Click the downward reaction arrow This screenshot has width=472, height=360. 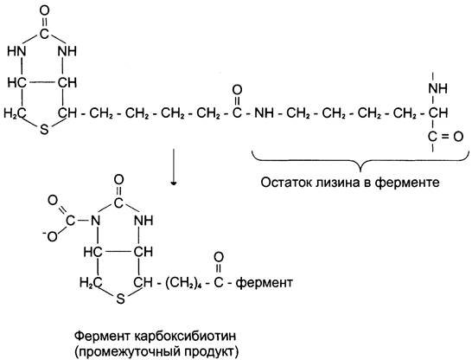point(174,167)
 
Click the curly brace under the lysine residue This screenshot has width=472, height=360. point(360,161)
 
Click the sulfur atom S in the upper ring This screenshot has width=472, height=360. point(44,130)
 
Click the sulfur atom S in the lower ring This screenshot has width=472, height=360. point(120,299)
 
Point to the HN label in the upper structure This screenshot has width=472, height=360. point(17,51)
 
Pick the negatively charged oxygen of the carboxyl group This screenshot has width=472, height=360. point(50,236)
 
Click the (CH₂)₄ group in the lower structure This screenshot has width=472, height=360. point(183,283)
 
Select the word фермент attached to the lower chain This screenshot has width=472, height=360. point(264,283)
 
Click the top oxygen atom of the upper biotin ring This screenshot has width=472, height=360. point(44,11)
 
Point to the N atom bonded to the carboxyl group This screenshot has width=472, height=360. point(95,221)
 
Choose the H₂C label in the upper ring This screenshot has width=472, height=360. point(15,113)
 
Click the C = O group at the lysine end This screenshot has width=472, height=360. point(445,137)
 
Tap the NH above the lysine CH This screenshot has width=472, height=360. point(438,88)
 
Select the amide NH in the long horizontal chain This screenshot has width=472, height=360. point(264,113)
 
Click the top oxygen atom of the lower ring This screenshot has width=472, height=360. point(119,180)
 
